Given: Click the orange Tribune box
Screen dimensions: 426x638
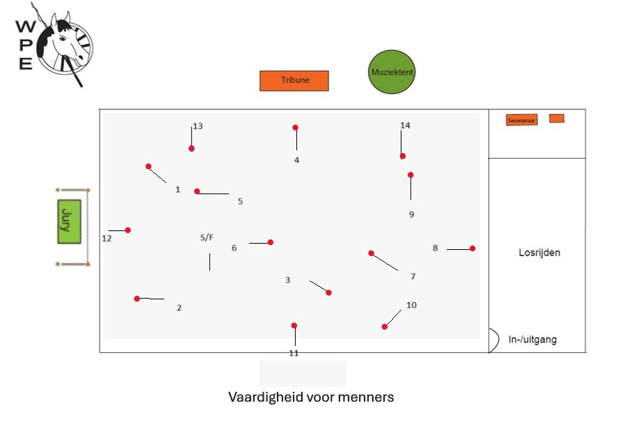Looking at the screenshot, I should (x=294, y=81).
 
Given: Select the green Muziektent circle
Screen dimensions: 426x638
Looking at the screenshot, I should (x=392, y=72).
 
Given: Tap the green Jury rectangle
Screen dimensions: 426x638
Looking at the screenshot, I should (x=69, y=221).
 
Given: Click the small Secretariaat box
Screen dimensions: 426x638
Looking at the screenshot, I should (x=521, y=120).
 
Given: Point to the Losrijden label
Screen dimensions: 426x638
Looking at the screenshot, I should (x=539, y=253).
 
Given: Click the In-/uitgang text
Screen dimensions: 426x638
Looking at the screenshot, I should (x=532, y=340).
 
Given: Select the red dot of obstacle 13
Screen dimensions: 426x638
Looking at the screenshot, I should (x=191, y=148).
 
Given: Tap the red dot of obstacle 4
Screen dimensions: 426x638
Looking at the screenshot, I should (x=295, y=127).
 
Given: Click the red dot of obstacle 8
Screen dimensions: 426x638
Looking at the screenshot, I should (x=472, y=248).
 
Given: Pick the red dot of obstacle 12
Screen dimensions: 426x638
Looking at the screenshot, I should (x=128, y=230).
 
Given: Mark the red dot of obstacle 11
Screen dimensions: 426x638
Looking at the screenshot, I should (x=294, y=326).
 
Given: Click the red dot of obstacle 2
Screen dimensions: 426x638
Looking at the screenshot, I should (x=137, y=299).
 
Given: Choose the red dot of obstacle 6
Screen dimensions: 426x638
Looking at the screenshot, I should (x=271, y=242).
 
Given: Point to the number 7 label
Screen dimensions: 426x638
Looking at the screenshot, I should (x=413, y=276).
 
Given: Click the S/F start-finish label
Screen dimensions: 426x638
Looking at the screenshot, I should (x=207, y=237).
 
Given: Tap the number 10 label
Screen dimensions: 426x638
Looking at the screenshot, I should (x=411, y=305).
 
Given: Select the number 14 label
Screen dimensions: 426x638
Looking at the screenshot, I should (x=405, y=125).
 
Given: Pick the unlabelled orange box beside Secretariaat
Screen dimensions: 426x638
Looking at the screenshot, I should (x=557, y=118).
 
